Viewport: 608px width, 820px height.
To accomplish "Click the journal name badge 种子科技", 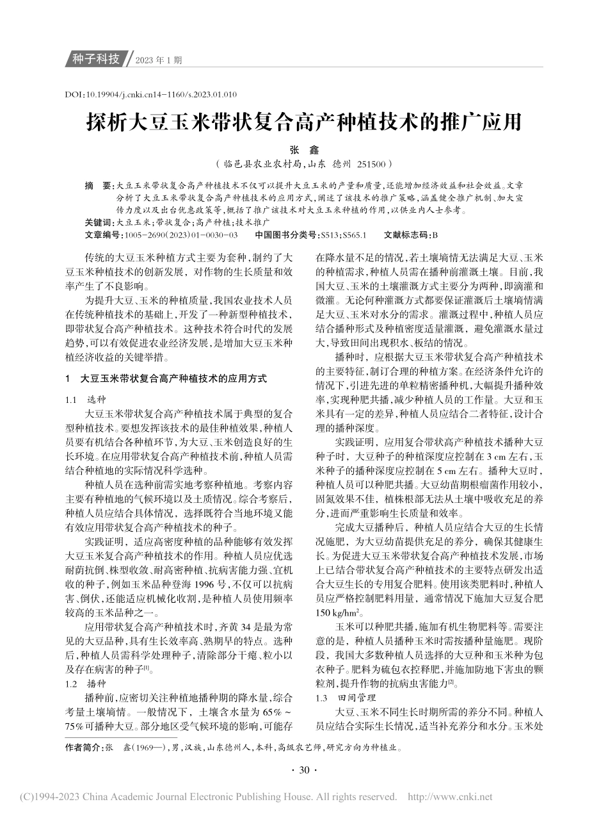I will point(96,60).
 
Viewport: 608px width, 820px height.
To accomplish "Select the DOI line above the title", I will point(151,94).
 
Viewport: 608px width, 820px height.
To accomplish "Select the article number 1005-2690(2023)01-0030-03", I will point(182,235).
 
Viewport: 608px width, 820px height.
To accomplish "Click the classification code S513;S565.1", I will point(342,235).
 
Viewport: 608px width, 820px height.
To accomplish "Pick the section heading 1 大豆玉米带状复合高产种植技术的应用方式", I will point(166,379).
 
